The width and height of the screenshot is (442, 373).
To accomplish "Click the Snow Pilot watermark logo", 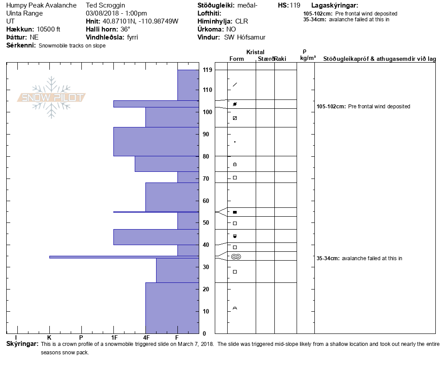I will pos(52,97).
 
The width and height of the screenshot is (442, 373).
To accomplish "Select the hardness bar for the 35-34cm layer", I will pos(124,257).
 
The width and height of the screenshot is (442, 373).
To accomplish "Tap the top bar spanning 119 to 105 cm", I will pos(188,85).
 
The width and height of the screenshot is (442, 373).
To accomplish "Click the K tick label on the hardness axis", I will pos(49,338).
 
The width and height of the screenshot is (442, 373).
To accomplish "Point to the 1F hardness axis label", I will pos(114,338).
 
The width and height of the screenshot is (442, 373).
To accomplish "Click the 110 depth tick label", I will pos(207,90).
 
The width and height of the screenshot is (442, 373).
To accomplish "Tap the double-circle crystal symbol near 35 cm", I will pos(236,257).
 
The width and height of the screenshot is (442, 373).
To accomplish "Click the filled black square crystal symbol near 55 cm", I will pos(235,212).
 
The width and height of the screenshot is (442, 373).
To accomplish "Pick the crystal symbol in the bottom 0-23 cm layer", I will pos(235,308).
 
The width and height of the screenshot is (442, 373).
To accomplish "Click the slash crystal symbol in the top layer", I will pos(235,84).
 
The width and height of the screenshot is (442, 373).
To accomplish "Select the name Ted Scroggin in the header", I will pos(105,6).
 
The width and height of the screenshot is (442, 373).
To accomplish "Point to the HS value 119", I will pos(295,6).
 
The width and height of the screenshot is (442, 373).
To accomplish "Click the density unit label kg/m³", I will pos(308,58).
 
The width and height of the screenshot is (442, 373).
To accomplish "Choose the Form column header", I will pos(236,59).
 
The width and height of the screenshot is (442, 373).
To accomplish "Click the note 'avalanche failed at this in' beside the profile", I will pos(372,258).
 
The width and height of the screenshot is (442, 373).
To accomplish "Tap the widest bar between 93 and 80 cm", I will pos(156,141).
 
